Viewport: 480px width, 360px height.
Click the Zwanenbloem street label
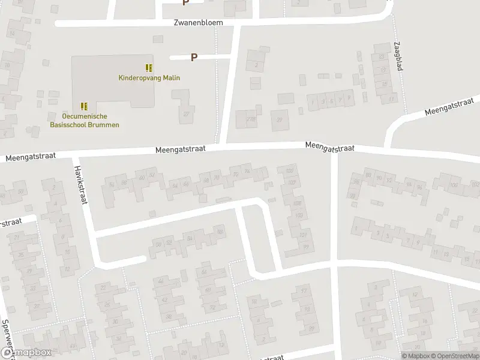point(198,22)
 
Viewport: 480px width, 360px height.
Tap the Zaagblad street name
point(397,56)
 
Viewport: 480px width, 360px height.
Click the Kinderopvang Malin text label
point(149,77)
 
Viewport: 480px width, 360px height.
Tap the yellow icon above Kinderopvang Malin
point(149,68)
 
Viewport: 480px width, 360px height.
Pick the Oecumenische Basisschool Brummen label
point(83,121)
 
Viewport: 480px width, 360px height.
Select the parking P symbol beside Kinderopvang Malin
point(194,58)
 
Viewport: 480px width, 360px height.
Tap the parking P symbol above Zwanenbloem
point(185,2)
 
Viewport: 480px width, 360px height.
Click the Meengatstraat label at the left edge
point(31,156)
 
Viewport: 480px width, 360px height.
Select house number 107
point(302,235)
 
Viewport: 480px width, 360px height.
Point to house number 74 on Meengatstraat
point(246,171)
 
